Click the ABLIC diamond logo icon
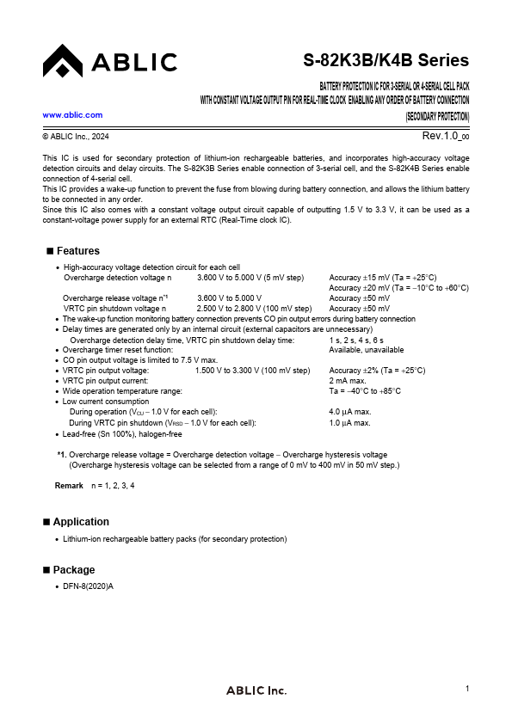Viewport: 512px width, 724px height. [x=63, y=61]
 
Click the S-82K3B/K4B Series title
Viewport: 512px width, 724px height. [x=386, y=61]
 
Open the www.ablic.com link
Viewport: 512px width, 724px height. [x=72, y=114]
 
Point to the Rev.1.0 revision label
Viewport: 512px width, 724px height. [x=445, y=137]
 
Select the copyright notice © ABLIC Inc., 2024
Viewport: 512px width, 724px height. [x=76, y=137]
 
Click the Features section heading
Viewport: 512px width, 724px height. [x=77, y=251]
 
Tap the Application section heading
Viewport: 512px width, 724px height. [x=81, y=522]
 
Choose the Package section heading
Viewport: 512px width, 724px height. [x=74, y=570]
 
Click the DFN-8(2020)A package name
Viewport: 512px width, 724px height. [x=89, y=586]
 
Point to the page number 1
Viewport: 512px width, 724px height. [x=466, y=688]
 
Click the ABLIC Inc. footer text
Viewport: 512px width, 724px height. [x=256, y=690]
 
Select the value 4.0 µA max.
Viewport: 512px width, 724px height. [x=350, y=412]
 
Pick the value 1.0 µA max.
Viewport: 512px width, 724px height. [x=350, y=423]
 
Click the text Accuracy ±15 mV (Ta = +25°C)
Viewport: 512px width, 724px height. [x=383, y=278]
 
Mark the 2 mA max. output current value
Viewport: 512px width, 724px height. [x=349, y=380]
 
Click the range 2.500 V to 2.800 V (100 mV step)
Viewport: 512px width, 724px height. [x=254, y=308]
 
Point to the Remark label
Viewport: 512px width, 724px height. [x=69, y=486]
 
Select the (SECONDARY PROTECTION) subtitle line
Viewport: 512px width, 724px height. [x=437, y=116]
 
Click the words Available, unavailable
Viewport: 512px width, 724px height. [x=367, y=350]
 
